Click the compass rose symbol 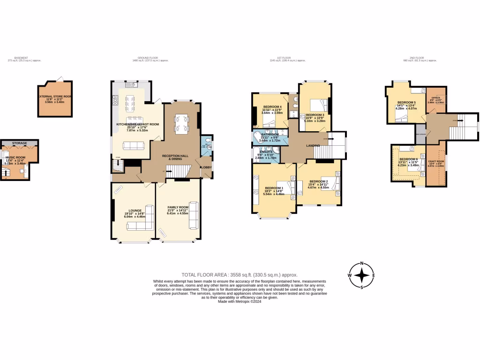coord(361,275)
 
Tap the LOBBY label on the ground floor coord(206,166)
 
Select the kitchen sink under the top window coord(133,85)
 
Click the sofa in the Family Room coord(193,216)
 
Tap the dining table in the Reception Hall coord(182,123)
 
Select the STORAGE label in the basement coord(19,143)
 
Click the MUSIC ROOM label coord(15,158)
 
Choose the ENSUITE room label coord(262,152)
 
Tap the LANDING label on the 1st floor coord(313,146)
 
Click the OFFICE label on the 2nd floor coord(435,98)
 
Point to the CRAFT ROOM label coord(436,161)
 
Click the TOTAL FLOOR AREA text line coord(240,275)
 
